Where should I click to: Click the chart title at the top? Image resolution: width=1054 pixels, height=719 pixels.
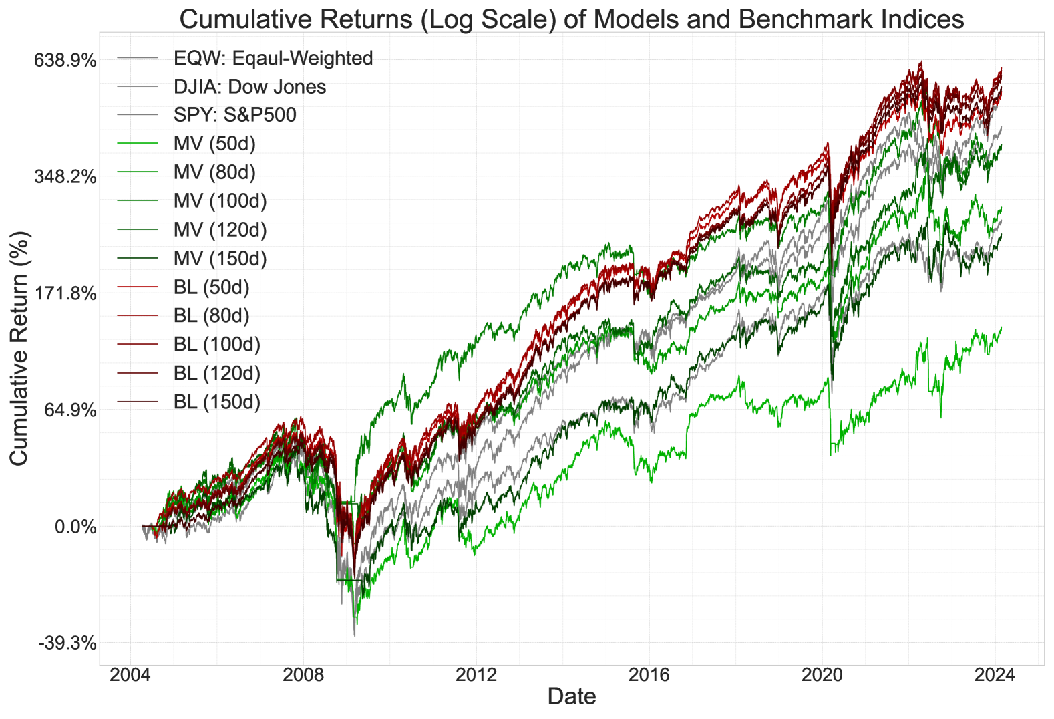click(x=572, y=20)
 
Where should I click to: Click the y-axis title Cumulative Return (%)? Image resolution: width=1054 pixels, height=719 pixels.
click(x=19, y=348)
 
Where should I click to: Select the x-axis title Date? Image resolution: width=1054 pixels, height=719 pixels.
click(x=572, y=696)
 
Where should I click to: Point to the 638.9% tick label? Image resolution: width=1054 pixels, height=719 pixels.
click(x=65, y=61)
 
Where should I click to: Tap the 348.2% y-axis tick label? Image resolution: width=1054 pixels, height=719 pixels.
click(x=65, y=177)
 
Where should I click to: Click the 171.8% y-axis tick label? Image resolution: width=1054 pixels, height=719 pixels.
click(x=65, y=294)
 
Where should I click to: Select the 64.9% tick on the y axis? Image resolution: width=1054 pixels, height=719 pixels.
click(x=70, y=410)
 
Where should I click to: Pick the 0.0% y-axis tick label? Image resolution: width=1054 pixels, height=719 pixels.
click(x=75, y=527)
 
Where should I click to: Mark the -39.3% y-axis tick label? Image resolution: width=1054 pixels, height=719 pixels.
click(x=67, y=643)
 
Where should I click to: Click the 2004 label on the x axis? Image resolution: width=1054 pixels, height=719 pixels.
click(x=130, y=675)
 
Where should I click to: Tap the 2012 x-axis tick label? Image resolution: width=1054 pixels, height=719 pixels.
click(x=476, y=675)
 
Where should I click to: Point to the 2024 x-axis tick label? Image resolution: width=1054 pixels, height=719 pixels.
click(x=995, y=675)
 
